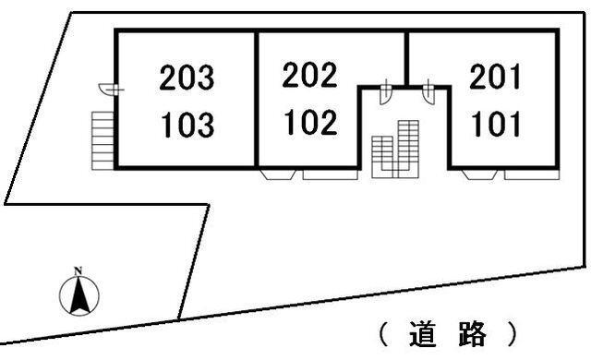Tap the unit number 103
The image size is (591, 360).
click(187, 125)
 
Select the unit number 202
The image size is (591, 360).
click(310, 76)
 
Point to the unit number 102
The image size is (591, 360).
click(310, 123)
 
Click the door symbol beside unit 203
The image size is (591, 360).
click(108, 89)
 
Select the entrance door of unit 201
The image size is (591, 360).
click(429, 91)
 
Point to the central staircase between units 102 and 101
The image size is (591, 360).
click(395, 148)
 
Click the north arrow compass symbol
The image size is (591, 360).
click(79, 296)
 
